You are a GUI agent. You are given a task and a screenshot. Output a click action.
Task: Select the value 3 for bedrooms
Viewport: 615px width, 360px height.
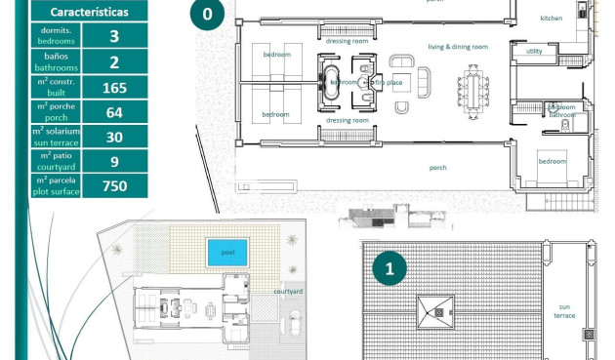point(114,36)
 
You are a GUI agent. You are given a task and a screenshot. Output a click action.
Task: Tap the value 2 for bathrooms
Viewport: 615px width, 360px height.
point(114,62)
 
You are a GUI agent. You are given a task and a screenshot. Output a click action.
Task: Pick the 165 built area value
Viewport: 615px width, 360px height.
point(114,87)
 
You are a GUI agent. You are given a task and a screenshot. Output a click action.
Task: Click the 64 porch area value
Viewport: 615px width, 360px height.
point(114,111)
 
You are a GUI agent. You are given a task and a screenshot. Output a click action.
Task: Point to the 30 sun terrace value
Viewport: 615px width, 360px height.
point(114,137)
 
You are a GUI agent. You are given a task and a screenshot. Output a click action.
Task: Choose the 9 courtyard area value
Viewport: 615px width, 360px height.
point(114,161)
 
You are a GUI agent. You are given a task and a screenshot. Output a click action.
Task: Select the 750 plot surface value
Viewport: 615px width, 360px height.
point(114,185)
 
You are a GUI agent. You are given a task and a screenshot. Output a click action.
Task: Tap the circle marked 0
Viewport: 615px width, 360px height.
point(207,14)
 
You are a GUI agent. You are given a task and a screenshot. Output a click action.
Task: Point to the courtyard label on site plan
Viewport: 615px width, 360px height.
point(287,291)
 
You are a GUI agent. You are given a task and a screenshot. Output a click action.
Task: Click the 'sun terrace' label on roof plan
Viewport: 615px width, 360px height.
point(565,310)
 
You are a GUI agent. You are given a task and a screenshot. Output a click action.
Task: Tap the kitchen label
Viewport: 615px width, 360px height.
point(553,18)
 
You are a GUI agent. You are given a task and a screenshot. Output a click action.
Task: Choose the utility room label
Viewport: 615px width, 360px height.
point(534,51)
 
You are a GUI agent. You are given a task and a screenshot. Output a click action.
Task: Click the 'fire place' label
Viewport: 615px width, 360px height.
point(388,83)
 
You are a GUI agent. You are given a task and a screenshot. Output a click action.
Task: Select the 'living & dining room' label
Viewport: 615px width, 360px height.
point(457,46)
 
